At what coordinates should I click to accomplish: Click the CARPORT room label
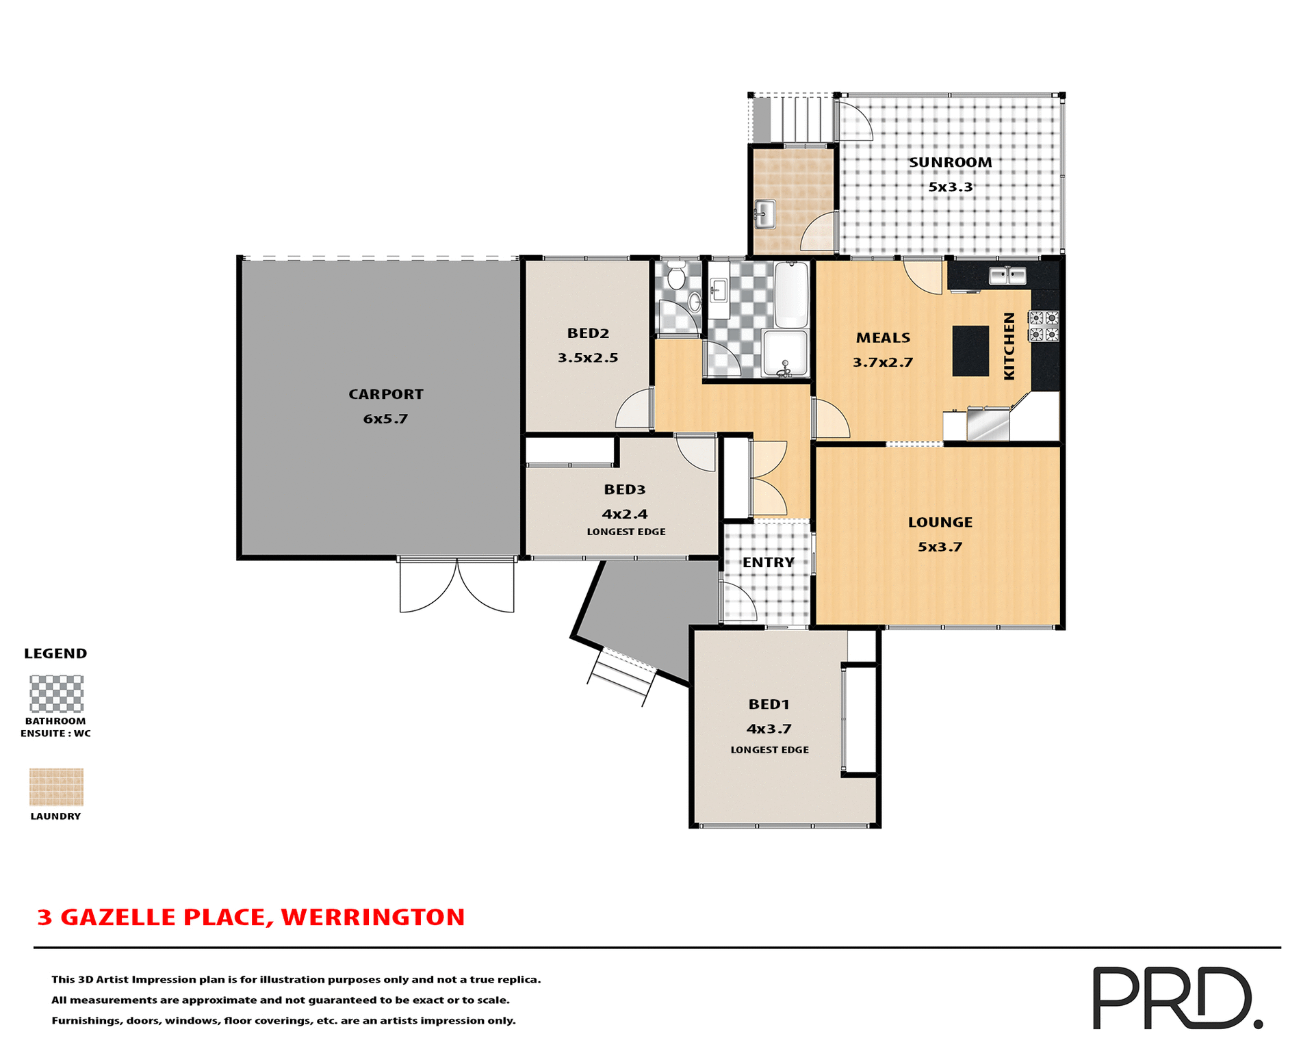click(x=385, y=394)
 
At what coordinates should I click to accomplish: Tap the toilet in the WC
click(x=676, y=276)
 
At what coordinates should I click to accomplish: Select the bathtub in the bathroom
click(x=791, y=294)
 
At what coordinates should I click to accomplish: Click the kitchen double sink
click(x=1007, y=275)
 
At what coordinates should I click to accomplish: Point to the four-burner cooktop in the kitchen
click(x=1044, y=326)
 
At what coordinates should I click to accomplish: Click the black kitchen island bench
click(x=970, y=350)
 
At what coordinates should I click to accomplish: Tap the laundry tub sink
click(x=764, y=214)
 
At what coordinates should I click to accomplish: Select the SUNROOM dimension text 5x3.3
click(x=950, y=187)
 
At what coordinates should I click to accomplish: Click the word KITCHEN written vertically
click(x=1009, y=346)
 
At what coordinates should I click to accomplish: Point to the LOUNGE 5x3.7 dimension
click(x=940, y=547)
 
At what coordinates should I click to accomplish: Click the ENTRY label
click(x=768, y=562)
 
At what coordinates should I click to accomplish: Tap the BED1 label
click(x=769, y=704)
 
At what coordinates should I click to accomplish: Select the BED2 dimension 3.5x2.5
click(x=587, y=358)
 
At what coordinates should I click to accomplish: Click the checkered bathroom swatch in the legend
click(x=56, y=694)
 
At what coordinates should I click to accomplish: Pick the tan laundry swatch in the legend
click(x=56, y=787)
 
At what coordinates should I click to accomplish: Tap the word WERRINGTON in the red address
click(x=372, y=917)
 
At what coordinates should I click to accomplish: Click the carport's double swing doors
click(x=456, y=585)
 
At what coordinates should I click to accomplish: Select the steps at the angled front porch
click(x=620, y=677)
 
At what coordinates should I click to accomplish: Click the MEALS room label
click(x=883, y=338)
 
